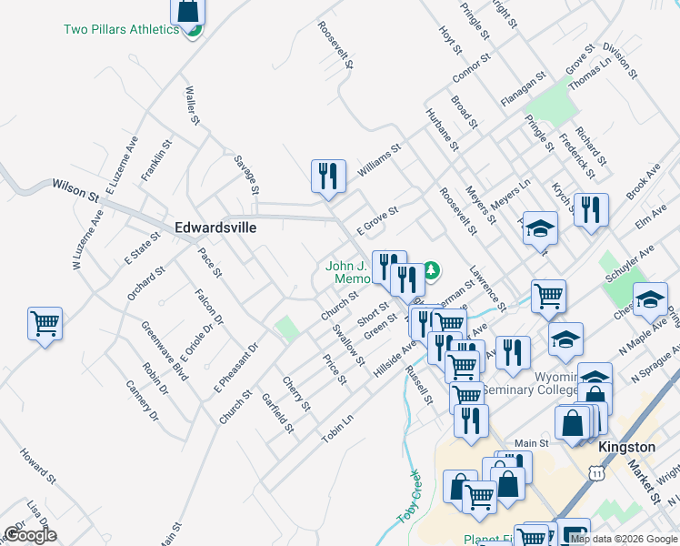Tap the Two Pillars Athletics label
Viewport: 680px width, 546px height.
[x=121, y=29]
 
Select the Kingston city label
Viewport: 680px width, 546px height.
[x=627, y=447]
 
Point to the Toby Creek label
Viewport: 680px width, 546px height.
[x=408, y=496]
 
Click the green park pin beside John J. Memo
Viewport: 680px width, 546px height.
[x=433, y=269]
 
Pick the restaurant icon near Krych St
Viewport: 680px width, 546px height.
[x=591, y=211]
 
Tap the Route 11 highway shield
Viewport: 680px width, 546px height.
[x=595, y=474]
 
